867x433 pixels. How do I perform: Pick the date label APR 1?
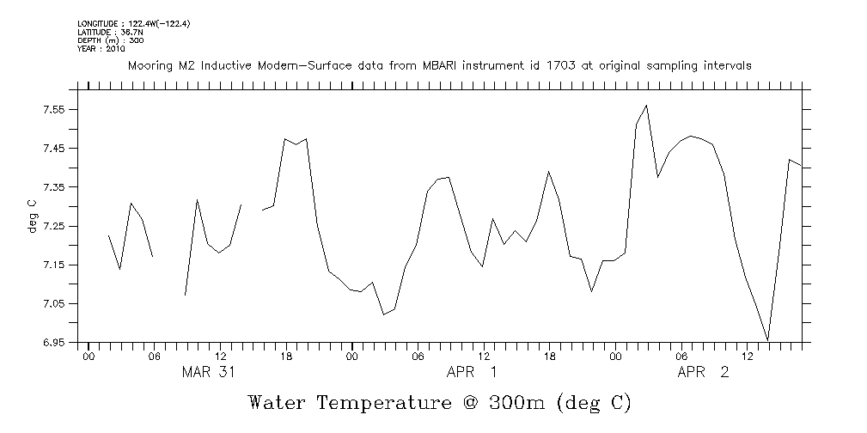[x=471, y=372]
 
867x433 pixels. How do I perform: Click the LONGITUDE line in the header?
[x=133, y=23]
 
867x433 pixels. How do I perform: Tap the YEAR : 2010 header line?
[x=101, y=49]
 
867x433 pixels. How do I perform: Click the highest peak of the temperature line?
[x=646, y=106]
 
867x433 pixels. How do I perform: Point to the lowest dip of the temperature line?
[x=767, y=340]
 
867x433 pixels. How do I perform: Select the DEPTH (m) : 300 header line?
[x=107, y=40]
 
